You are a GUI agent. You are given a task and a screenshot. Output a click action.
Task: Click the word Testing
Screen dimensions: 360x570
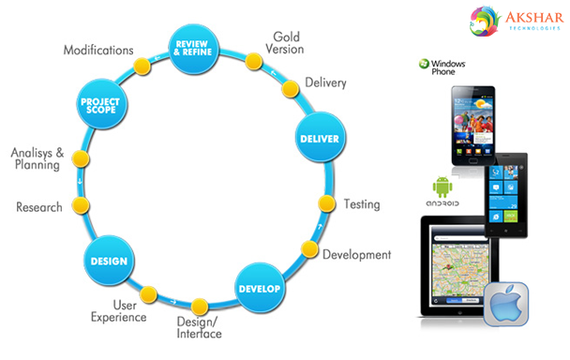[361, 203]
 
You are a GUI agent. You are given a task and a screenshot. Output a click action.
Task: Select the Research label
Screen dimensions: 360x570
[39, 206]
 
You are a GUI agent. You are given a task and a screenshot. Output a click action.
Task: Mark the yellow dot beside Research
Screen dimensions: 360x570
[82, 205]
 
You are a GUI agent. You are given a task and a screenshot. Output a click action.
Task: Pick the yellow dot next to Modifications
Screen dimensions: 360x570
[142, 67]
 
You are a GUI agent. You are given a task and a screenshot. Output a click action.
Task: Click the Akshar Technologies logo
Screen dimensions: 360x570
[506, 22]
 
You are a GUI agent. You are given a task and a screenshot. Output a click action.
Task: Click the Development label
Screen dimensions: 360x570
[356, 254]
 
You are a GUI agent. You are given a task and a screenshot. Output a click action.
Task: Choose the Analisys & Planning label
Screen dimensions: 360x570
[35, 158]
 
